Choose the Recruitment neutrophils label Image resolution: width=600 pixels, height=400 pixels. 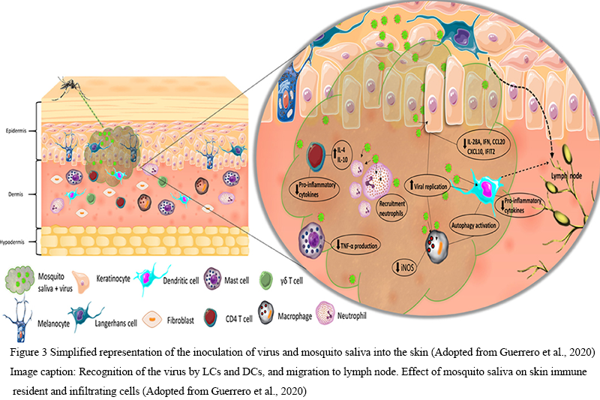pos(394,206)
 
